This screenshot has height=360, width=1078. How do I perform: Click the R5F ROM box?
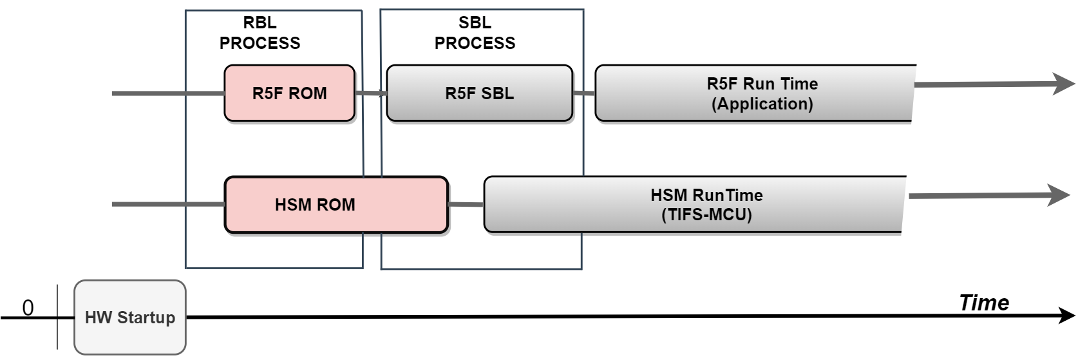289,93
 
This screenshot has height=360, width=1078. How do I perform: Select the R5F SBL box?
479,93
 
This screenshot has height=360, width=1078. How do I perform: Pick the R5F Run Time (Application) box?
753,93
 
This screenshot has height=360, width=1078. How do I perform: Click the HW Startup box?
130,317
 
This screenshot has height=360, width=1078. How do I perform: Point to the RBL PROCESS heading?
260,33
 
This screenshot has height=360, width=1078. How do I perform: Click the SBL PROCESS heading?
475,33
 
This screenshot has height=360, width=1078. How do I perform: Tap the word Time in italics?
983,303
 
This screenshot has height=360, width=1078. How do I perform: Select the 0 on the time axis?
28,308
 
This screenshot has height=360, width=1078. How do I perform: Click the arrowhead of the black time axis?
1066,316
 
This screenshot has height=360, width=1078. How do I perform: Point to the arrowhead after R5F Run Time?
1064,84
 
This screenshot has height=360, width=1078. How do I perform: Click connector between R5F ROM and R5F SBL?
370,93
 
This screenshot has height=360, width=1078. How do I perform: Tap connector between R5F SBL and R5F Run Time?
583,93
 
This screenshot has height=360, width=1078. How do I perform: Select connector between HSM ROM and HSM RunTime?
466,205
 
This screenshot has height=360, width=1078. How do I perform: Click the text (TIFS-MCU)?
706,215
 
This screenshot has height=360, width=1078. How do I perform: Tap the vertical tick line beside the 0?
57,317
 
